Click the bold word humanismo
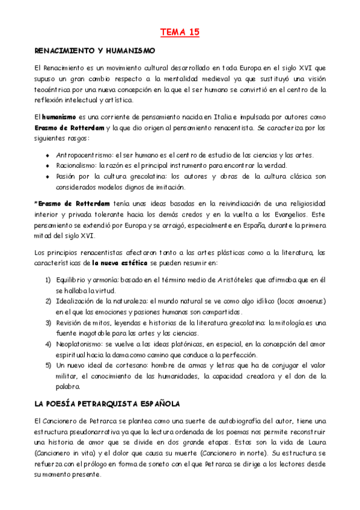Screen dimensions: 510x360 coord(59,117)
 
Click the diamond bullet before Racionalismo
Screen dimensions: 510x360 coord(47,166)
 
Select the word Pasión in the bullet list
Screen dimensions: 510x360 coord(67,176)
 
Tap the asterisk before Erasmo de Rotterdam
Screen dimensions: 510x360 coord(35,204)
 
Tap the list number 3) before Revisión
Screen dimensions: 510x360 coord(48,323)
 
